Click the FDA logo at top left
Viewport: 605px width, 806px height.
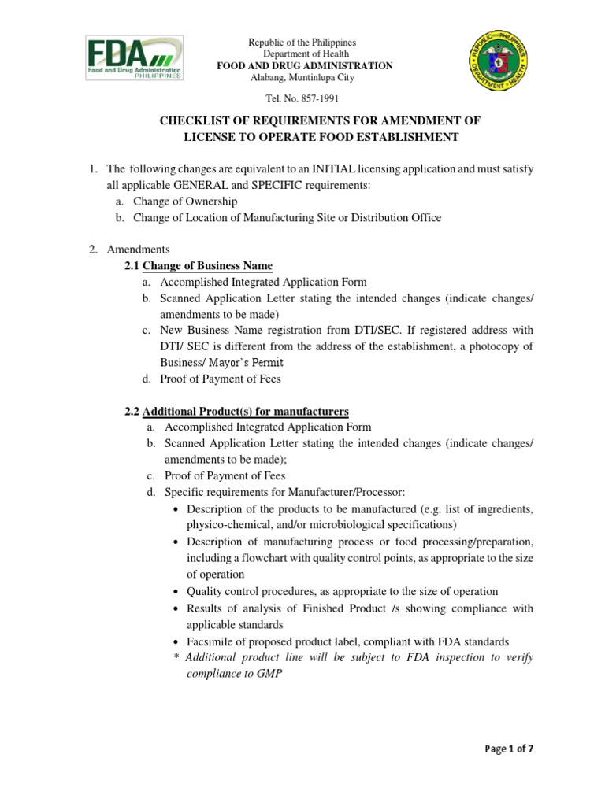[135, 59]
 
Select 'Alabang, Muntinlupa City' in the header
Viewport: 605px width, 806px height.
[302, 78]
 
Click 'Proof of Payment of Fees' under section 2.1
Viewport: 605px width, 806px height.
[219, 379]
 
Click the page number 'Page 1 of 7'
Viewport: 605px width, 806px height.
[510, 749]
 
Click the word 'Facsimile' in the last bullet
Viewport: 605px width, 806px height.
[210, 641]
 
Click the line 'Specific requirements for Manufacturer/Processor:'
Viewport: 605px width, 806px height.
[284, 492]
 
